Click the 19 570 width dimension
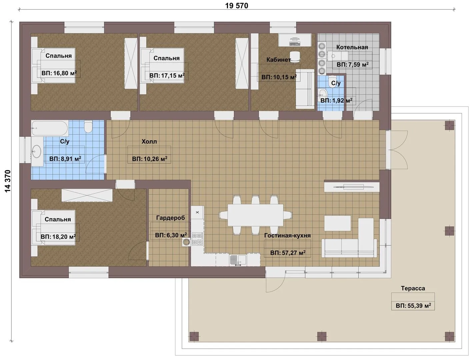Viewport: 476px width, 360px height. click(x=236, y=6)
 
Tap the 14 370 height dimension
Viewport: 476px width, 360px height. click(x=8, y=181)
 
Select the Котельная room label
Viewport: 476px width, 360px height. click(x=352, y=47)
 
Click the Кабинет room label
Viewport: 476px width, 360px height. click(x=278, y=60)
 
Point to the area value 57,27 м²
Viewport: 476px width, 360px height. click(x=288, y=253)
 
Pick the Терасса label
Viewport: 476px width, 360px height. click(x=413, y=288)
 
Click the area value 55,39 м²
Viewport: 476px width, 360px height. click(x=413, y=306)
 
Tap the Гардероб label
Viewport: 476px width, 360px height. click(x=170, y=218)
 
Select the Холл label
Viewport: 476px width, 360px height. click(x=149, y=142)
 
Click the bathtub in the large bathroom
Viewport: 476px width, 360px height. click(x=50, y=128)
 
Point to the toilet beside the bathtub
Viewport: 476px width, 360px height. click(x=88, y=127)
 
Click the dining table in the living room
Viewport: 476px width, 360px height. click(x=255, y=215)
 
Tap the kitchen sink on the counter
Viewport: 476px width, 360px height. click(x=238, y=260)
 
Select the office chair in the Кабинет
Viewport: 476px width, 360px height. click(x=294, y=57)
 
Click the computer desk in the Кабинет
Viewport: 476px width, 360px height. click(x=295, y=40)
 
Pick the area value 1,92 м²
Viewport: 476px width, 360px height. click(x=336, y=100)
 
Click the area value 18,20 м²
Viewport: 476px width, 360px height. click(x=58, y=236)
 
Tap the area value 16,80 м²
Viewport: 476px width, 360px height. click(x=59, y=73)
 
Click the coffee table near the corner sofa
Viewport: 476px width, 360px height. click(x=337, y=223)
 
